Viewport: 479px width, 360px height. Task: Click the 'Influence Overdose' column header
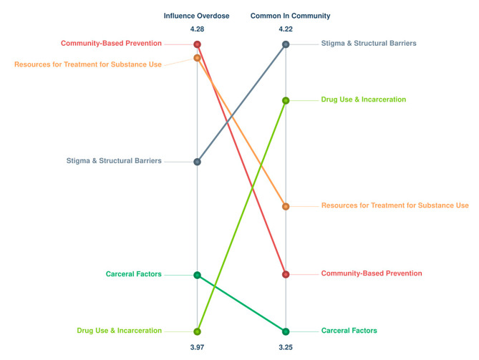click(x=197, y=16)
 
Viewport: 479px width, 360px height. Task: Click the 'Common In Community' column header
click(x=285, y=16)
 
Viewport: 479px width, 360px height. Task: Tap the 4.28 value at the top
click(x=197, y=29)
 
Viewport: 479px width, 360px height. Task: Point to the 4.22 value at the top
click(x=285, y=29)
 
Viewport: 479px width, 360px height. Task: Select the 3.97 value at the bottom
click(x=197, y=347)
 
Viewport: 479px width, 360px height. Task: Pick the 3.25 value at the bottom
click(x=285, y=347)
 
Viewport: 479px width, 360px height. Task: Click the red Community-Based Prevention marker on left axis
click(x=197, y=44)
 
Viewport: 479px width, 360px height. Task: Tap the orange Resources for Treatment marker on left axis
click(x=197, y=58)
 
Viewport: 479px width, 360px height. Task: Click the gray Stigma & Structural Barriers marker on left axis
click(x=197, y=162)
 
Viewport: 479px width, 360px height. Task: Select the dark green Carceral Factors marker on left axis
click(x=197, y=275)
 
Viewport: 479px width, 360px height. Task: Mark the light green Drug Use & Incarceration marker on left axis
click(x=197, y=331)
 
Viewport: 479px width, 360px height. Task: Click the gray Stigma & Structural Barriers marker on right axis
click(x=286, y=44)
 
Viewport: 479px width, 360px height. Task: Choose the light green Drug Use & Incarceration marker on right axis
click(x=286, y=100)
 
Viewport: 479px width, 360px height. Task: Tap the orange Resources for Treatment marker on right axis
click(x=286, y=206)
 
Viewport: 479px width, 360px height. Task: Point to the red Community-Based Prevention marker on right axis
click(x=286, y=274)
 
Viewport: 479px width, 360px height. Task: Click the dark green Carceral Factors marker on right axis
click(x=286, y=331)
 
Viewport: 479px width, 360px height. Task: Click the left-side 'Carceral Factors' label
click(x=133, y=274)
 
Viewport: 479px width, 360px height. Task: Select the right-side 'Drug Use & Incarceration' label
click(x=363, y=99)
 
